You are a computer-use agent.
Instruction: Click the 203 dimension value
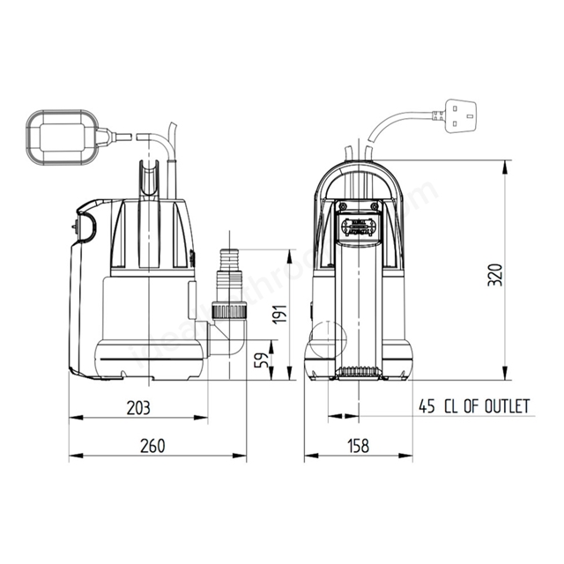[139, 407]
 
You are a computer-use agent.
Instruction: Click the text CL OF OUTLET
[486, 406]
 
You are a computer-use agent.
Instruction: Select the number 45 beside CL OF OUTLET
[427, 406]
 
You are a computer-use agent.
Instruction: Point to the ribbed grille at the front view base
[358, 372]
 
